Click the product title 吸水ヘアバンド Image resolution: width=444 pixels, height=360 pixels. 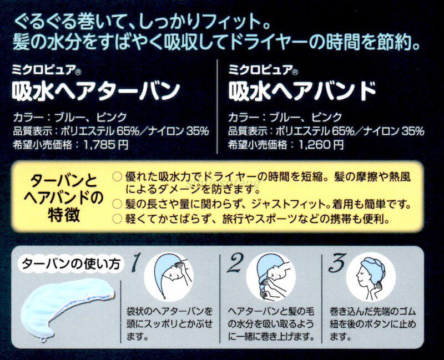303,90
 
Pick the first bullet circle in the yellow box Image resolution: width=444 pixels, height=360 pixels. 116,176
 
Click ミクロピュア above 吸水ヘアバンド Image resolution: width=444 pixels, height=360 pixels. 256,70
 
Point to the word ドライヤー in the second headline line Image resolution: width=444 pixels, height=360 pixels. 261,43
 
